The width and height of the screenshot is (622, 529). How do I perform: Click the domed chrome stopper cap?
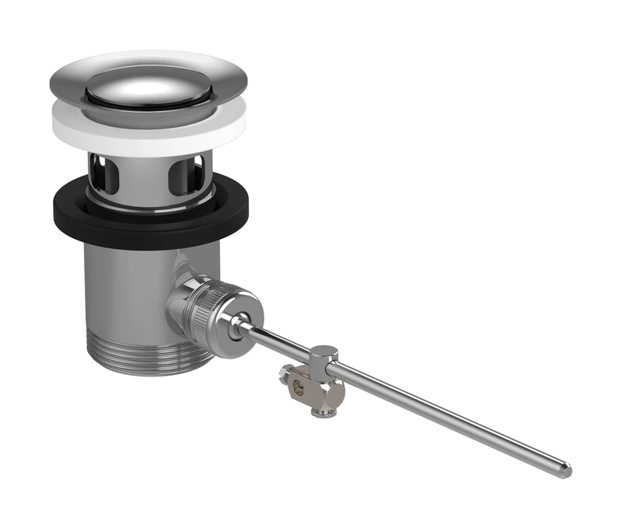[x=148, y=86]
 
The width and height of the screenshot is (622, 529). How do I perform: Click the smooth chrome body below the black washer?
[x=124, y=288]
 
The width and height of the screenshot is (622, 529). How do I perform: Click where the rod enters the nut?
[x=239, y=321]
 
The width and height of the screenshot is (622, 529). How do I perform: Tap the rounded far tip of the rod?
[x=567, y=469]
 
